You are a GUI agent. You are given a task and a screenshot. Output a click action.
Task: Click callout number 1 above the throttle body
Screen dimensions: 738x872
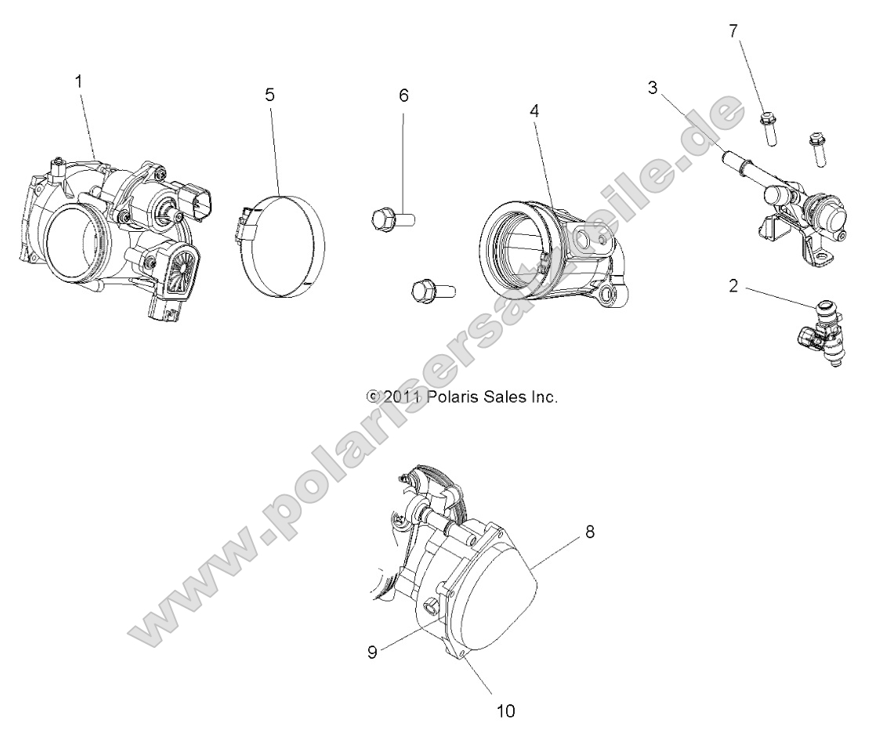coord(78,80)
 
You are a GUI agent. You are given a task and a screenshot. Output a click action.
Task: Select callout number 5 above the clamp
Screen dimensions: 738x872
coord(270,95)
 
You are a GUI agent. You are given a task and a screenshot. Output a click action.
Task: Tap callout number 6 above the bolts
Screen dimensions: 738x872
coord(404,96)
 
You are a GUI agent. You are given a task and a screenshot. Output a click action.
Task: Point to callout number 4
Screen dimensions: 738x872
coord(534,110)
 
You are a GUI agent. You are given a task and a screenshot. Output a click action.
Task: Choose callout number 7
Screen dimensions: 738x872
coord(733,31)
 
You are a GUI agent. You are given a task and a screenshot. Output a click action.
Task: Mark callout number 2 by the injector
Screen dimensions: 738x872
coord(733,286)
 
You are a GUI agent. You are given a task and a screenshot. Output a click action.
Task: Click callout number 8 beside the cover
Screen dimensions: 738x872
coord(590,532)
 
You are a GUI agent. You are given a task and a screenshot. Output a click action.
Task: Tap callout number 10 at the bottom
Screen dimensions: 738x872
coord(505,711)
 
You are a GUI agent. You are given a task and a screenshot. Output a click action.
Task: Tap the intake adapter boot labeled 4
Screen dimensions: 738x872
coord(548,251)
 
